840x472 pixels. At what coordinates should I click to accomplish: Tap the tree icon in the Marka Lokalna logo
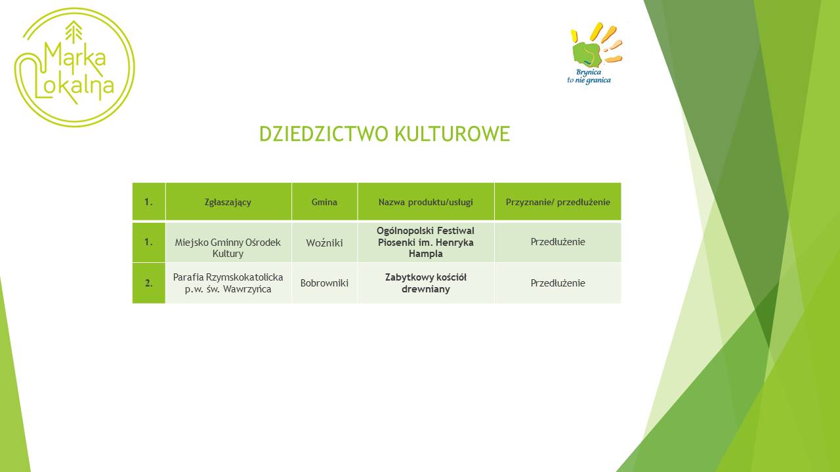point(73,31)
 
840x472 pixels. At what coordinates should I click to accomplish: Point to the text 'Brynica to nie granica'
point(589,77)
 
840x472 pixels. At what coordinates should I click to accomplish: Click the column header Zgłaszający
point(228,203)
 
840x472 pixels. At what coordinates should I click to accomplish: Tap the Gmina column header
point(324,202)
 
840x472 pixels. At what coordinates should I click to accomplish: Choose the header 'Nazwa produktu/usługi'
point(426,203)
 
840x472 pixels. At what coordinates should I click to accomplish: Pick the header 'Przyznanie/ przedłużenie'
point(558,203)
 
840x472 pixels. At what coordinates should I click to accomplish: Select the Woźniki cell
point(324,243)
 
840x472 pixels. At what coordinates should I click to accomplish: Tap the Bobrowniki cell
point(324,283)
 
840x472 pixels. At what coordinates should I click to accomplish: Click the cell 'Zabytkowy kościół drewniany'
point(426,283)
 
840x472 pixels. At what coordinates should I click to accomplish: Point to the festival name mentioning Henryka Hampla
point(426,242)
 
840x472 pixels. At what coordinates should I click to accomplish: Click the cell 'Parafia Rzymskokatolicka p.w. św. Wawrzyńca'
point(228,283)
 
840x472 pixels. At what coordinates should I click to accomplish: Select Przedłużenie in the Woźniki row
point(558,242)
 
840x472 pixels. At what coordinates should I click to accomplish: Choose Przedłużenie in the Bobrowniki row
point(558,283)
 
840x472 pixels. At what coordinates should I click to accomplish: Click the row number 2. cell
point(148,283)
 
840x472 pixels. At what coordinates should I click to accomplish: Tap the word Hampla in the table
point(426,254)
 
